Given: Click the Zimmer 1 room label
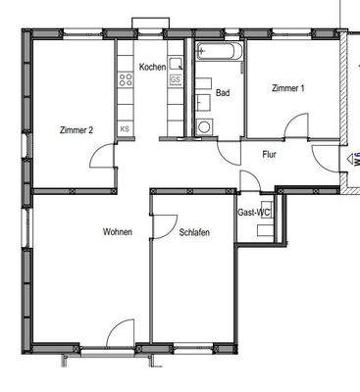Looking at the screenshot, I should [288, 89].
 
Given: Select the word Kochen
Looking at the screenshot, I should [153, 67].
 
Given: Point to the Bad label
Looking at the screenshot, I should [223, 94].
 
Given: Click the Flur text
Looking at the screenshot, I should [270, 155].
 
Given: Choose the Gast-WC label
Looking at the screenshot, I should [254, 212].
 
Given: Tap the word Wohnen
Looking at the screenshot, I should [118, 232].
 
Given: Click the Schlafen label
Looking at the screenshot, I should [194, 232].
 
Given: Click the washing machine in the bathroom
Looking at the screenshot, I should [204, 126].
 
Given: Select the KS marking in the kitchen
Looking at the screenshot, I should [125, 128].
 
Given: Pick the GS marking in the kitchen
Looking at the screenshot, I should [176, 80].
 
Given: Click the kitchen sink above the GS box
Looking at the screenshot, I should [176, 62].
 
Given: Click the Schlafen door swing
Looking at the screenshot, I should [163, 224].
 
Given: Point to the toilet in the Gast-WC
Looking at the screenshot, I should [264, 231].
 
